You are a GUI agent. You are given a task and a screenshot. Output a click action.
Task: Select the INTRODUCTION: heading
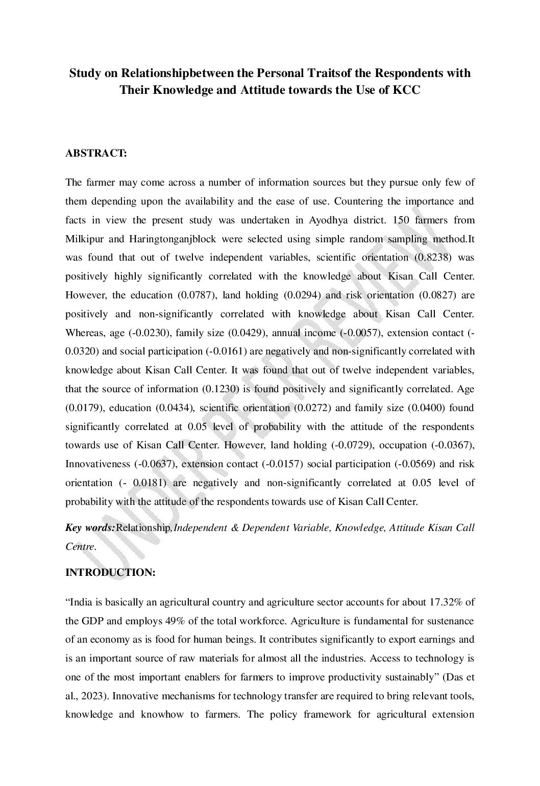click(110, 573)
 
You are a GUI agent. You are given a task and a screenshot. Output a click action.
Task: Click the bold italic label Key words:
click(90, 527)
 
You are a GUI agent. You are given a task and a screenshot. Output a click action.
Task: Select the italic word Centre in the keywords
click(80, 546)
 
